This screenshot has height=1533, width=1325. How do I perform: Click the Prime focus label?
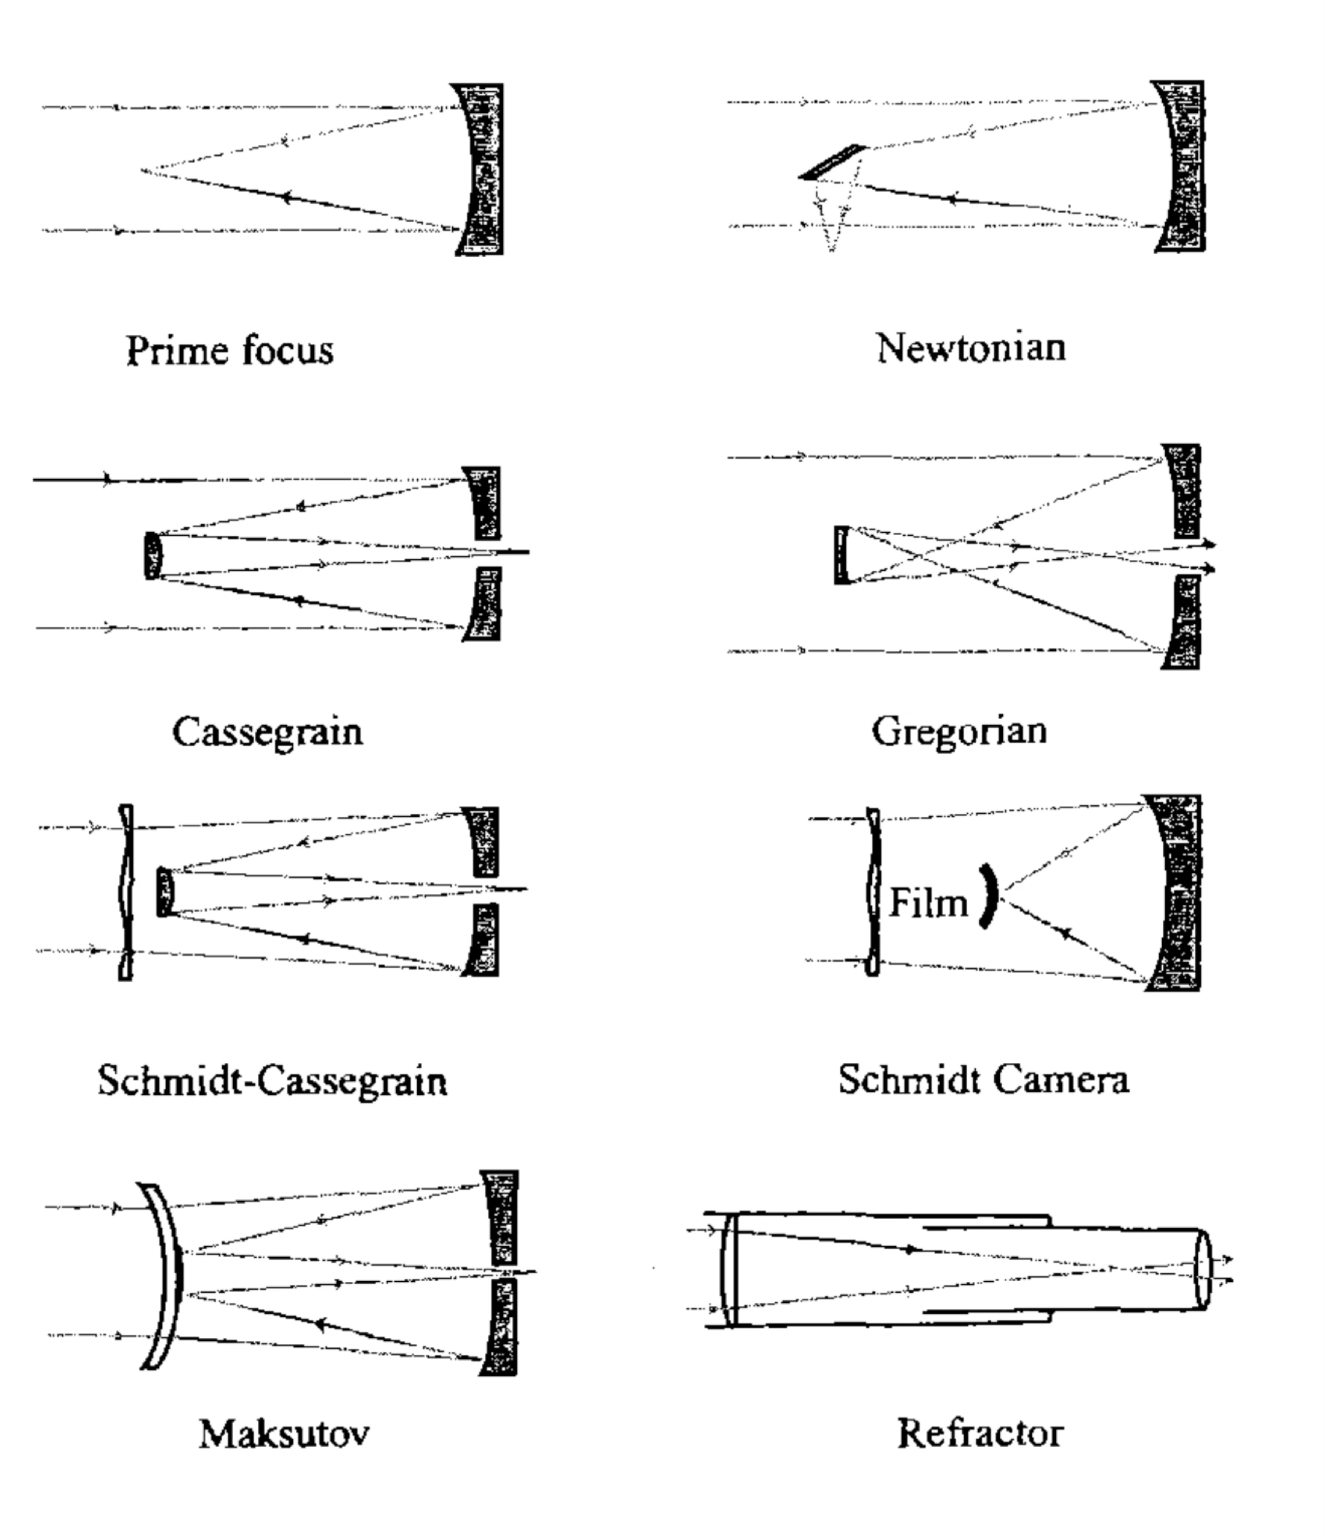point(229,350)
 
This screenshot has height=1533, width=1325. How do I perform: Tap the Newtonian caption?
point(971,347)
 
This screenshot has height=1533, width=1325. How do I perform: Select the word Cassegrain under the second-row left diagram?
point(267,731)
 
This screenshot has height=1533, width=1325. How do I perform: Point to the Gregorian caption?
point(958,731)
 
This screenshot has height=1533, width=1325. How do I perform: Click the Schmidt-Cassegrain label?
point(272,1081)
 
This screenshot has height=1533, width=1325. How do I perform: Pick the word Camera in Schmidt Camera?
point(1061,1079)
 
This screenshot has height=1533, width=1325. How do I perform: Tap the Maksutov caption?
point(283,1433)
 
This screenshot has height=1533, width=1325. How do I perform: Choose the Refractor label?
point(980,1433)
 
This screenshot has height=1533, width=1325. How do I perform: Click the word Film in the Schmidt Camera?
point(928,902)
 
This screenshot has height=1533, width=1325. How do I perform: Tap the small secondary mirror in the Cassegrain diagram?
point(153,555)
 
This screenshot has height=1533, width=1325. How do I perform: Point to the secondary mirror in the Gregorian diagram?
point(841,555)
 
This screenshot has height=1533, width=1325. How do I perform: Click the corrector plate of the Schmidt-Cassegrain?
point(126,892)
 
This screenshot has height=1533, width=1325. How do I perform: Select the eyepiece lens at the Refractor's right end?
point(1202,1269)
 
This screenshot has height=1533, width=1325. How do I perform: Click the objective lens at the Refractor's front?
point(728,1269)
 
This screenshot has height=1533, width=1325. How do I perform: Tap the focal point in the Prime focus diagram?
point(142,171)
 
